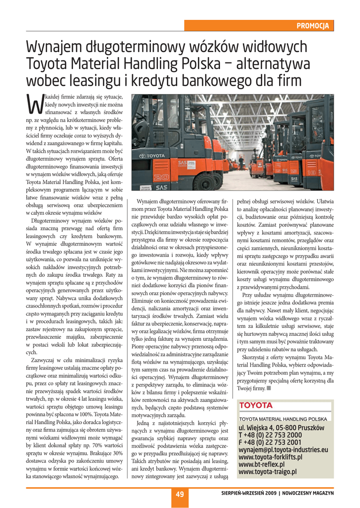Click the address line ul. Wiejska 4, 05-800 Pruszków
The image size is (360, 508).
pyautogui.click(x=282, y=428)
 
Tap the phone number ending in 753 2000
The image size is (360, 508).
pyautogui.click(x=270, y=435)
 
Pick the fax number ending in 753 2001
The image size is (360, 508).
pyautogui.click(x=270, y=443)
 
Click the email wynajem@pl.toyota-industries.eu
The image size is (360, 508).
pyautogui.click(x=284, y=450)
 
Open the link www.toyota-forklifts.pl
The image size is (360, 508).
pyautogui.click(x=273, y=457)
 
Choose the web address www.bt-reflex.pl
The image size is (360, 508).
pyautogui.click(x=265, y=464)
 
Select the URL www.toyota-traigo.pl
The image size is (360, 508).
pyautogui.click(x=268, y=472)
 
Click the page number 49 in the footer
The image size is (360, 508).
pyautogui.click(x=180, y=494)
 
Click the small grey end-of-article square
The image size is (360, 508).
pyautogui.click(x=269, y=388)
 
